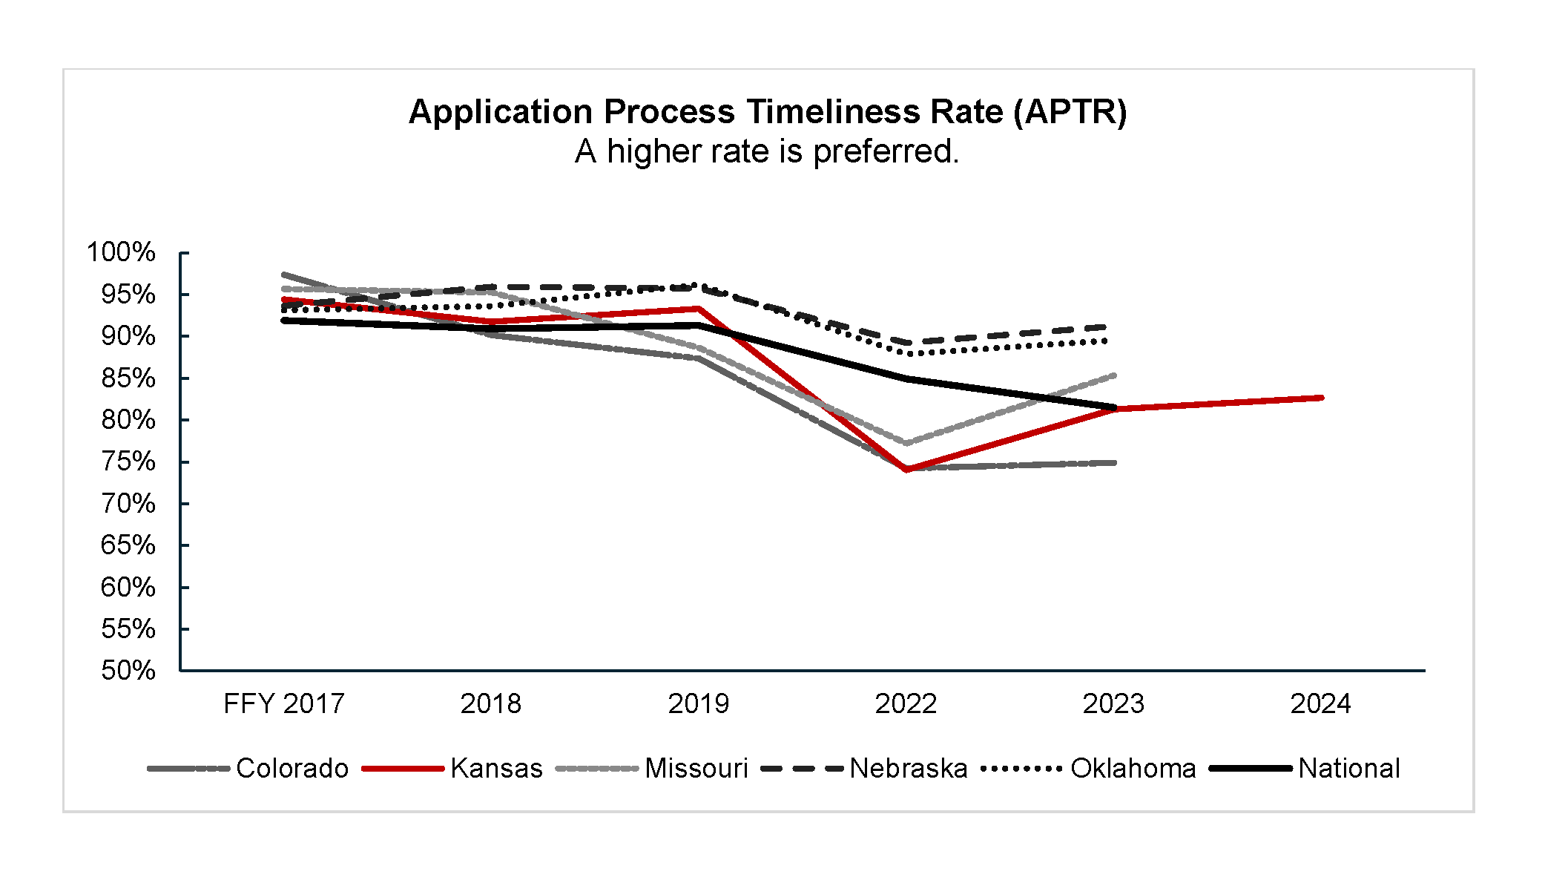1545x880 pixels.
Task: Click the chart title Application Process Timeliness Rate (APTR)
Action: click(768, 112)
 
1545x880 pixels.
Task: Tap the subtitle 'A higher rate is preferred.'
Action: click(767, 151)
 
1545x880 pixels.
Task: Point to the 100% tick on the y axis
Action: click(121, 252)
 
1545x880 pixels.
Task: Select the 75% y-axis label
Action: click(128, 462)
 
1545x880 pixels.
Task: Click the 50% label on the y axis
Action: click(128, 671)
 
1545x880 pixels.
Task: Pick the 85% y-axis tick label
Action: click(128, 378)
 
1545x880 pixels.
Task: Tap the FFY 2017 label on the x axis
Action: click(284, 703)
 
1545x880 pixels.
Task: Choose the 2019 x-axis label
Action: click(699, 703)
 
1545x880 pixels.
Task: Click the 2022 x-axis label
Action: click(906, 703)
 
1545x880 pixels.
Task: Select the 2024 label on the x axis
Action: click(1321, 703)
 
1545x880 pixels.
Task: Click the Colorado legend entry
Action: click(248, 768)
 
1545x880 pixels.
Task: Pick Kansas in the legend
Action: click(452, 768)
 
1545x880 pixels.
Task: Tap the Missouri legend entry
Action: click(652, 768)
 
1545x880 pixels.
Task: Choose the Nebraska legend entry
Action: click(865, 768)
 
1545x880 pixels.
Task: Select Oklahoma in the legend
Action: click(1089, 768)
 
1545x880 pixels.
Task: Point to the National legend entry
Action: click(1305, 768)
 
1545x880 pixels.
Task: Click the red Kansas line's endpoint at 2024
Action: click(1321, 398)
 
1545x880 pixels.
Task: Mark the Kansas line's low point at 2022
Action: click(906, 470)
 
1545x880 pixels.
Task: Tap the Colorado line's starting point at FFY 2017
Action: click(284, 275)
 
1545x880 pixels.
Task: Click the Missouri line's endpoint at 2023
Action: click(1114, 375)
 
